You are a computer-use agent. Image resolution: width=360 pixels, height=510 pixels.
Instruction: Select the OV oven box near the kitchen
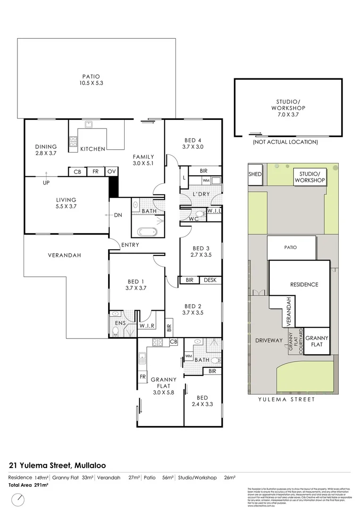tap(111, 172)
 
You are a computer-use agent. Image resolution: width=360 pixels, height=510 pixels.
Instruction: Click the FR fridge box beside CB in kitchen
tap(95, 172)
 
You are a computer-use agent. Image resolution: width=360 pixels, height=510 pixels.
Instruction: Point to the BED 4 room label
tap(193, 144)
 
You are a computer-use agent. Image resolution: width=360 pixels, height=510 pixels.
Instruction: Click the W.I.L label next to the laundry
tap(214, 211)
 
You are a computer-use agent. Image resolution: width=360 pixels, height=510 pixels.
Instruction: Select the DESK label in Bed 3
tap(210, 280)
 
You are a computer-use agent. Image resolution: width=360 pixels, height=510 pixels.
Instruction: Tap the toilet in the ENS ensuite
tap(116, 331)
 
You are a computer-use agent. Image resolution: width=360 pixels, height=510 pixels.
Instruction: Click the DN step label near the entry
tap(118, 215)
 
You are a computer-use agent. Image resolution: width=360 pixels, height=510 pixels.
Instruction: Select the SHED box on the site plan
tap(255, 174)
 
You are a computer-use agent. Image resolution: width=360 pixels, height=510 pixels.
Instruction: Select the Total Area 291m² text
tap(28, 485)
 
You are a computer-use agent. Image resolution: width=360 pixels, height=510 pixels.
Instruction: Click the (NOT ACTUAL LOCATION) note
tap(285, 142)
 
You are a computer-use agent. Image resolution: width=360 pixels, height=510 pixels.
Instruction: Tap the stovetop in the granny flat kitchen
tap(157, 342)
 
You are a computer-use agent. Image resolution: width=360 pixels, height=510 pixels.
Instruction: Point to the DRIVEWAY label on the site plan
tap(268, 340)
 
